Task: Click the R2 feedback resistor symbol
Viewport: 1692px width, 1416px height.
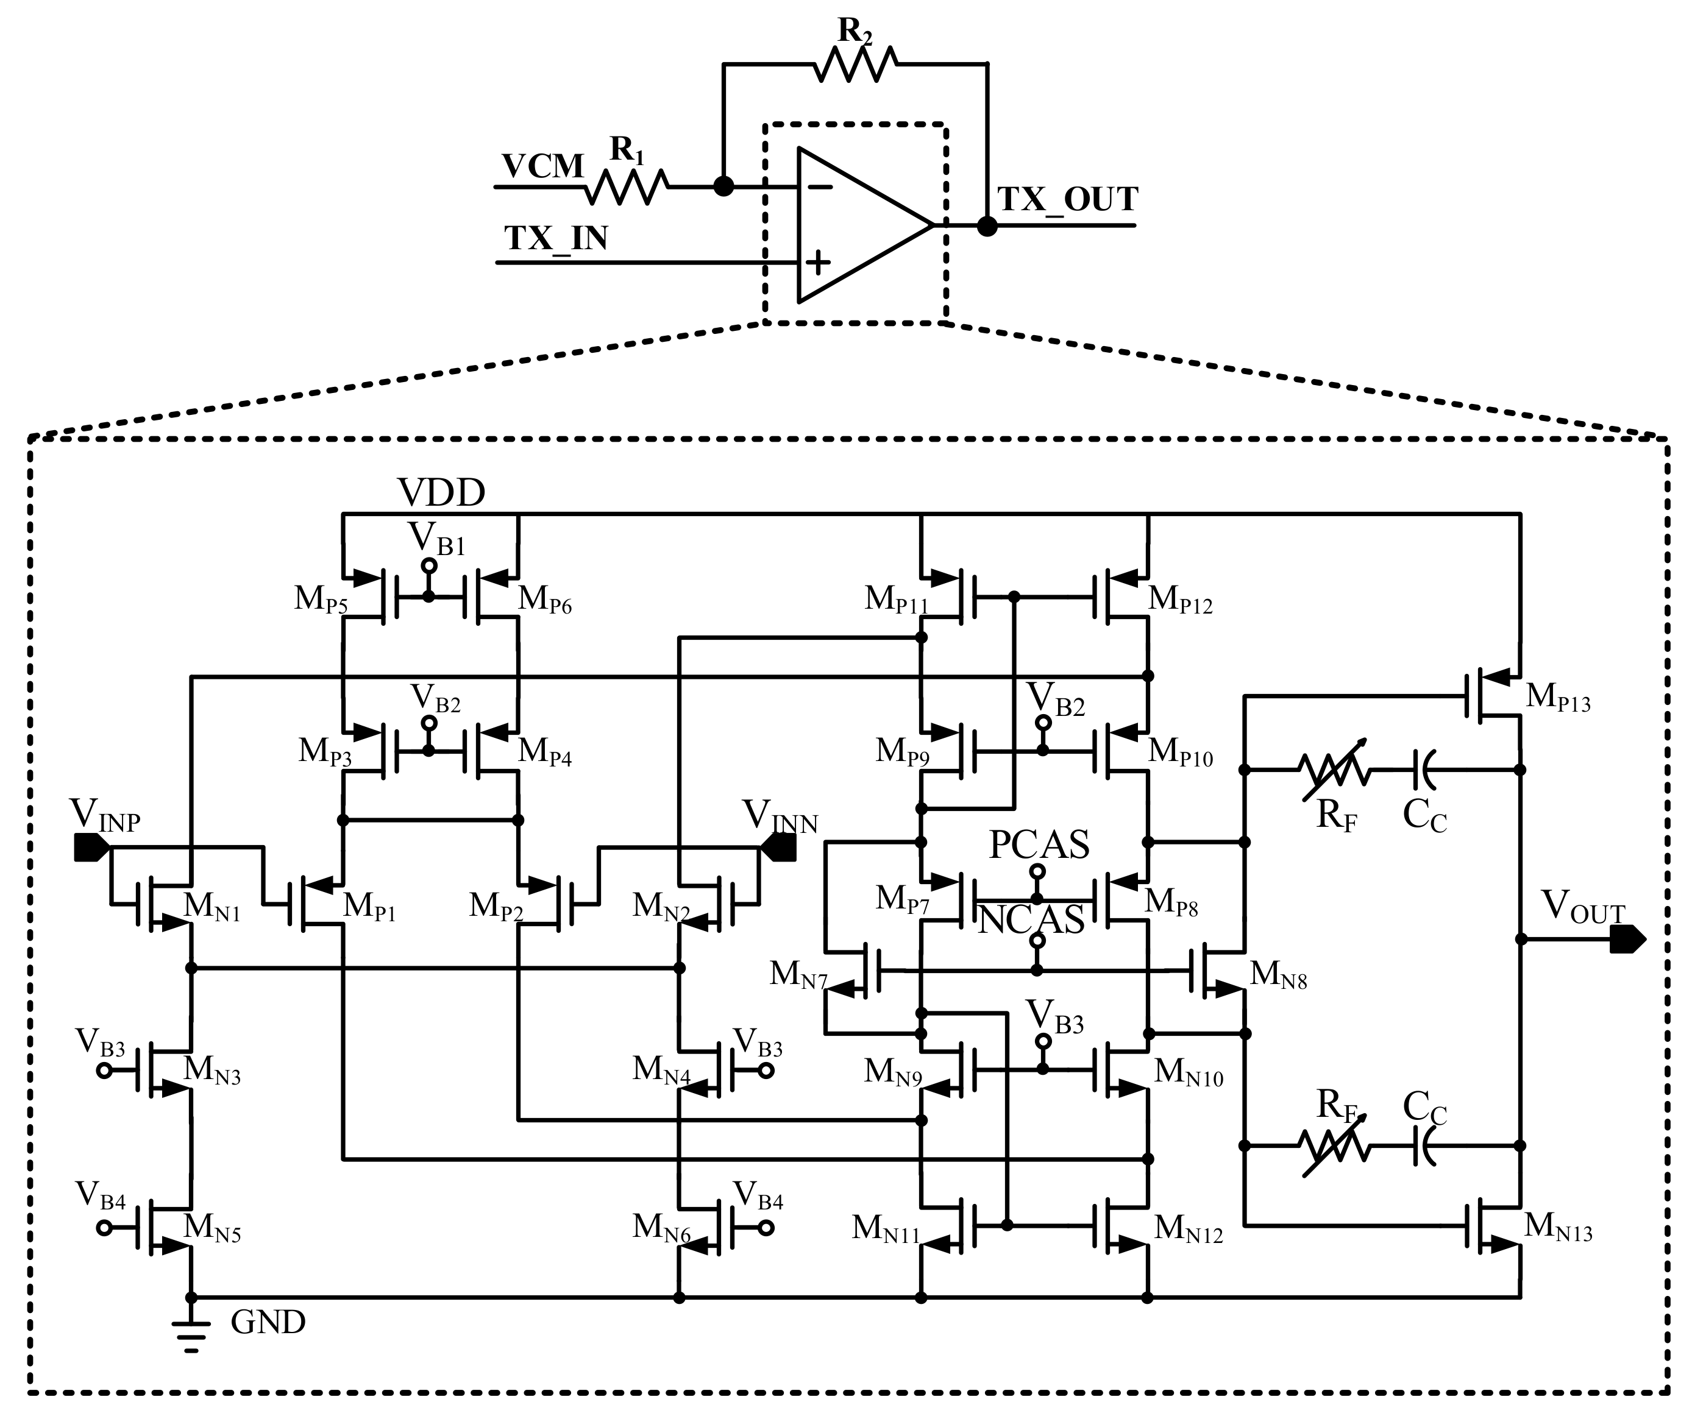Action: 855,63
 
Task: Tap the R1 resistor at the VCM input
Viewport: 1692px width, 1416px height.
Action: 627,187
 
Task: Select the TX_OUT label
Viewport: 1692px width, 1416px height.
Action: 1068,199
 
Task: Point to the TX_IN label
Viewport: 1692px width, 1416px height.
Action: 556,238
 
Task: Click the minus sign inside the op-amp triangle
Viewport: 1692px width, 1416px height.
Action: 819,188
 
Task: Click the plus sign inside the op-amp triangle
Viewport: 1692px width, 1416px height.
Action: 818,262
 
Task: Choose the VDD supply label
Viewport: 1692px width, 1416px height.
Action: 441,492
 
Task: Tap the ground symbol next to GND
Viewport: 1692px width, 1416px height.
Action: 191,1338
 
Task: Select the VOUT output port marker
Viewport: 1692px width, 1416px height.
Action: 1626,939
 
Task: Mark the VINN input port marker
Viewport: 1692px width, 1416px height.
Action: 779,848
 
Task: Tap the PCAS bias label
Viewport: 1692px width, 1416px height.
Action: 1039,844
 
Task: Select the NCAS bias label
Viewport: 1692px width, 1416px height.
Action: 1031,920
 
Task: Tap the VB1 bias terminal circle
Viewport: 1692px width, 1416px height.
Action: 430,566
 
